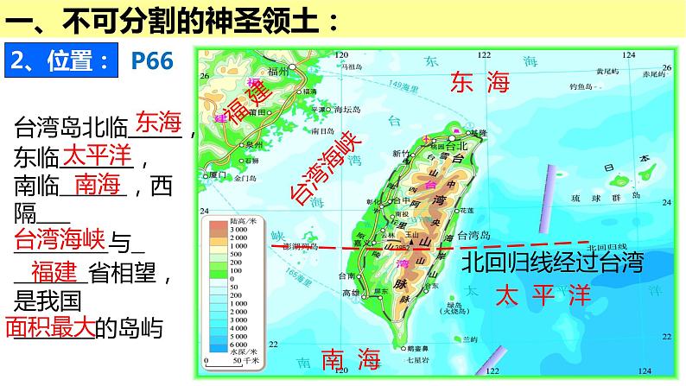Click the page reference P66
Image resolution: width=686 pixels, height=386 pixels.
(152, 60)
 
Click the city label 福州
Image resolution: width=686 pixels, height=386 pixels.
(283, 72)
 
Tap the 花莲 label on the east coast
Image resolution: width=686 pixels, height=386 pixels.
(467, 210)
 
